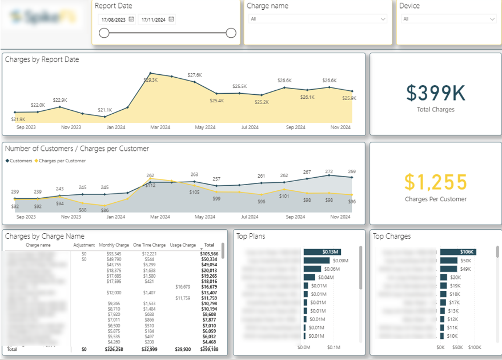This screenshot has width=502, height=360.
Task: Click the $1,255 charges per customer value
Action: (x=436, y=182)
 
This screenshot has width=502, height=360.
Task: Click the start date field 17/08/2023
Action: (x=113, y=19)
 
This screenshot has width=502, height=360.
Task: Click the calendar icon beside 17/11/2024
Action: (x=171, y=19)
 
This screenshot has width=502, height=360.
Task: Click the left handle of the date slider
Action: (x=104, y=33)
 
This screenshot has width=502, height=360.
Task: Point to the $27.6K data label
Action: (x=195, y=75)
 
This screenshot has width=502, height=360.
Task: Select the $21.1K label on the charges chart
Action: (x=105, y=110)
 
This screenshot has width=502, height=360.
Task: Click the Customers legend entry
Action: (x=19, y=161)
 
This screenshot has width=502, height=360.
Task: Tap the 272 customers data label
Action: (x=329, y=171)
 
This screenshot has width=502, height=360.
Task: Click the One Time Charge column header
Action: (x=149, y=245)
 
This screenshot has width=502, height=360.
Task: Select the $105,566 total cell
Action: (x=209, y=253)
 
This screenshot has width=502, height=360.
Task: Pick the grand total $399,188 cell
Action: (x=208, y=349)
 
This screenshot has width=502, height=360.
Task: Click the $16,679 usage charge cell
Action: (x=183, y=286)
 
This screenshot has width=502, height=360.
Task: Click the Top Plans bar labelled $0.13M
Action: (x=322, y=252)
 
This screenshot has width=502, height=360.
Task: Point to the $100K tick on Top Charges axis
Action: (x=475, y=347)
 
